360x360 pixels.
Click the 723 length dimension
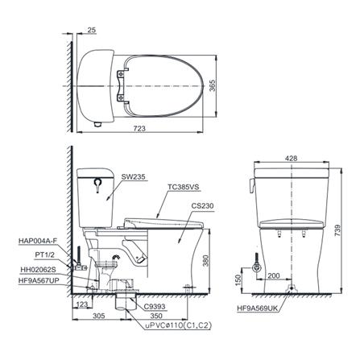tap(139, 128)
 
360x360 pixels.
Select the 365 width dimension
tap(213, 85)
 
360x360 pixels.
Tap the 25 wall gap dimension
tap(92, 30)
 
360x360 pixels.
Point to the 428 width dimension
tap(292, 159)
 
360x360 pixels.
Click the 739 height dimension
tap(338, 231)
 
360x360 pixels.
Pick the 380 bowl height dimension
tap(205, 260)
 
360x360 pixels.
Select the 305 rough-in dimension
tap(99, 316)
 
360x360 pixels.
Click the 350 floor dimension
tap(156, 316)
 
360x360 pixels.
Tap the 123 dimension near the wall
tap(82, 304)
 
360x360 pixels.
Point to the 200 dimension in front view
tap(274, 275)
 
